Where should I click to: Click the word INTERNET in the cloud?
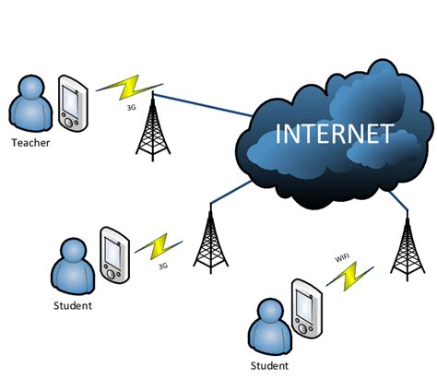[x=335, y=135]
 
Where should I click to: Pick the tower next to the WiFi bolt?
[x=404, y=244]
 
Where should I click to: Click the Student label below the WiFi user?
[x=269, y=366]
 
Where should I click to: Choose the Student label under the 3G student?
[x=73, y=304]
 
